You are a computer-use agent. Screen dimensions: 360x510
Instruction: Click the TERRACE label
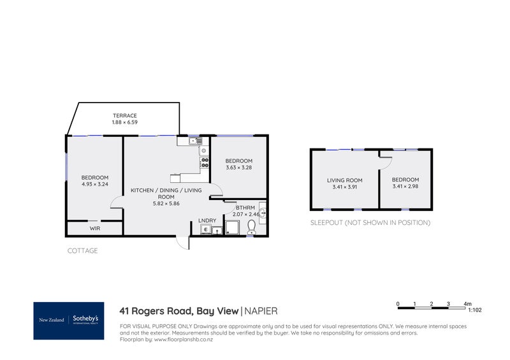(x=125, y=115)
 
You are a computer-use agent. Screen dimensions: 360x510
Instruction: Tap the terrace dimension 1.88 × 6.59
(x=125, y=122)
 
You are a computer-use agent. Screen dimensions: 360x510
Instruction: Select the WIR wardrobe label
(x=94, y=228)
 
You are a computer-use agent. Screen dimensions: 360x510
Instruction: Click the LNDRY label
(x=207, y=220)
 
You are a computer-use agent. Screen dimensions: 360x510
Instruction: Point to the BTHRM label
(x=245, y=208)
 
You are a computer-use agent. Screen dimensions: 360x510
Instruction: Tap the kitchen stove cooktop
(x=205, y=161)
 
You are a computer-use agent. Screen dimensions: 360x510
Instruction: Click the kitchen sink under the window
(x=193, y=141)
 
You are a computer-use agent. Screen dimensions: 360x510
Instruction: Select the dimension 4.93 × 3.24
(x=94, y=184)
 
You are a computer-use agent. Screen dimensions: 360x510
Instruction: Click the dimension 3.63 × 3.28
(x=239, y=168)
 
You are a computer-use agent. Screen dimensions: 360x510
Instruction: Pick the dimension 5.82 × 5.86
(x=166, y=204)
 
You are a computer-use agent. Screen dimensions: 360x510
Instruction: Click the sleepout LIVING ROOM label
(x=345, y=180)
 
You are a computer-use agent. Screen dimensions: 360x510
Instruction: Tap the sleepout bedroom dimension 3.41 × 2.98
(x=405, y=187)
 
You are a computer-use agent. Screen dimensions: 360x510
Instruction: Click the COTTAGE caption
(x=83, y=251)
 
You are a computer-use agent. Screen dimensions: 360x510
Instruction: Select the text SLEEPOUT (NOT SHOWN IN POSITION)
(x=370, y=223)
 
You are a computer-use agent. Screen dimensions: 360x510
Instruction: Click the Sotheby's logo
(x=69, y=320)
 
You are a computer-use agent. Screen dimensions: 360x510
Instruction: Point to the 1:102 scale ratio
(x=475, y=310)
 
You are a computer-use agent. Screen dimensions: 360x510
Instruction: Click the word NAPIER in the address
(x=261, y=311)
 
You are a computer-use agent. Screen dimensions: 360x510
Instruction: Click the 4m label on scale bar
(x=467, y=304)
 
